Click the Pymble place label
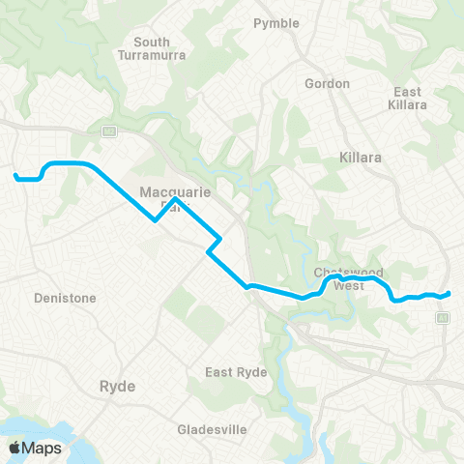[x=275, y=22]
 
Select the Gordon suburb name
[x=327, y=83]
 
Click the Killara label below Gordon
[x=362, y=155]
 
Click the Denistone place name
[x=65, y=299]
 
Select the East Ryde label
[x=234, y=372]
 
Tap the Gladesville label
[x=214, y=428]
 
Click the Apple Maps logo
[x=35, y=448]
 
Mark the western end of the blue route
[x=15, y=176]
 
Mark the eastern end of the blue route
[x=450, y=293]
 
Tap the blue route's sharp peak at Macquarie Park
[x=173, y=200]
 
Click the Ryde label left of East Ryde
[x=117, y=386]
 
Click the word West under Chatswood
[x=350, y=285]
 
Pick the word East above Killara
[x=407, y=92]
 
